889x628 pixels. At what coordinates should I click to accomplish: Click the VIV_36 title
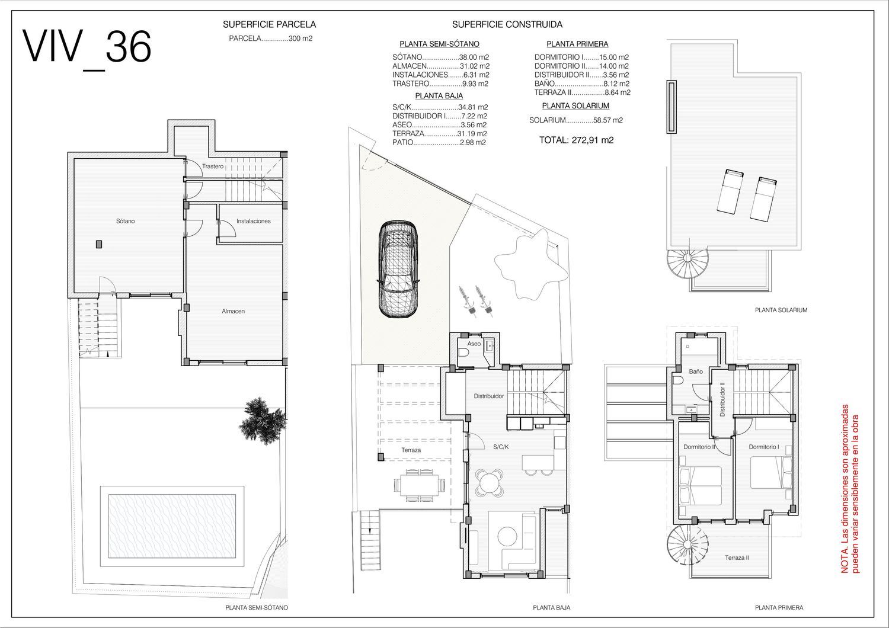click(x=87, y=47)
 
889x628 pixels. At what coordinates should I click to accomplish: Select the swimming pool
click(x=172, y=526)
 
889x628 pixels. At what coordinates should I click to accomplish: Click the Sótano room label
click(x=126, y=221)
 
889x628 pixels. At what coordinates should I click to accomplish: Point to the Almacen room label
click(x=233, y=311)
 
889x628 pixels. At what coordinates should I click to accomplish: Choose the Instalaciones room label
click(x=253, y=221)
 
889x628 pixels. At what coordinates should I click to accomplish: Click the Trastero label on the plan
click(x=212, y=166)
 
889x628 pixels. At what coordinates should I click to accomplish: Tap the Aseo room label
click(x=474, y=344)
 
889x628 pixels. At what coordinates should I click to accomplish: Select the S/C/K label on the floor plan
click(x=501, y=447)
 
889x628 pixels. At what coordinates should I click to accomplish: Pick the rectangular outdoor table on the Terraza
click(x=420, y=485)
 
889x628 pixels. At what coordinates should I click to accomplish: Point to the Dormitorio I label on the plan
click(x=763, y=447)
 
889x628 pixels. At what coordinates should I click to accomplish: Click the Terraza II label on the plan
click(x=737, y=557)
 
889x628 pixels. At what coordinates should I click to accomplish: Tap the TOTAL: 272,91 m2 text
click(x=576, y=140)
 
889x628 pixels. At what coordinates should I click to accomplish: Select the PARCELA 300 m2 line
click(x=271, y=39)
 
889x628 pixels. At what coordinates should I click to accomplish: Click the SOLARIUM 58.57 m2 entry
click(x=576, y=120)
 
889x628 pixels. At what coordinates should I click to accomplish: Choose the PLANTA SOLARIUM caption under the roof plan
click(x=781, y=310)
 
